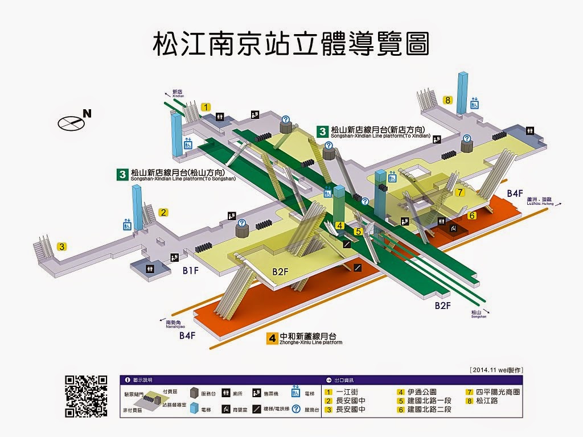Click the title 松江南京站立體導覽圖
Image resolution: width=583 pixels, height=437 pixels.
pos(291,44)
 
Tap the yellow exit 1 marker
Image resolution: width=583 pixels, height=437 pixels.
pos(206,106)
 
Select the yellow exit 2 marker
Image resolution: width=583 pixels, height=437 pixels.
pos(163,213)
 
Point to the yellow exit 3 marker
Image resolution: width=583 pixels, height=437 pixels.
pos(61,247)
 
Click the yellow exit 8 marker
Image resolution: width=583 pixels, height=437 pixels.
pos(449,101)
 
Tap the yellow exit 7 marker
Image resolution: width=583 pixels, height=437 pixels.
pos(460,193)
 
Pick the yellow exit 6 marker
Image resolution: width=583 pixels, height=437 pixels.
pos(472,216)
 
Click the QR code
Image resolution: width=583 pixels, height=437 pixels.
pos(86,397)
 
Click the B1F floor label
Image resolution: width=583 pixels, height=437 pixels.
pos(190,270)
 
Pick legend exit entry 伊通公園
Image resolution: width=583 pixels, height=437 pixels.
pos(421,392)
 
